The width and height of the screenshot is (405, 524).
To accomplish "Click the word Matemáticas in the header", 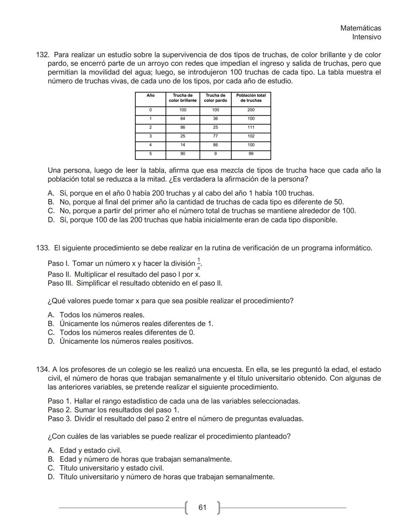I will tap(360, 28).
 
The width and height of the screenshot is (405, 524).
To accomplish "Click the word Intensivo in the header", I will tap(366, 37).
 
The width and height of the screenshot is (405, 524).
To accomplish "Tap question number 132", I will tap(42, 55).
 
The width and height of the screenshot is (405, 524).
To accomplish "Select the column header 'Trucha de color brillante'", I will tap(183, 98).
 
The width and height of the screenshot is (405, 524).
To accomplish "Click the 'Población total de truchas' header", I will tap(251, 98).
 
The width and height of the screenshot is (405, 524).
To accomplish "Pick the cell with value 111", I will tap(251, 128).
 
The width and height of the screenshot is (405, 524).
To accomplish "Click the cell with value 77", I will tap(215, 136).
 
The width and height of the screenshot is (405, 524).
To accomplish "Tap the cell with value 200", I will tap(251, 110).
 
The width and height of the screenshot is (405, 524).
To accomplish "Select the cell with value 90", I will tap(183, 154).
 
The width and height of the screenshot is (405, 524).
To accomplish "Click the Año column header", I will tap(150, 96).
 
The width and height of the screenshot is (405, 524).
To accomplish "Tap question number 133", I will tap(42, 248).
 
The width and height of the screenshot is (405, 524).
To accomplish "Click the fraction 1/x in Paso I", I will tap(199, 264).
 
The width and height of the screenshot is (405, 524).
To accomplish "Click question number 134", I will tap(42, 369).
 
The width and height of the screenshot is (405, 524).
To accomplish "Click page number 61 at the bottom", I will tap(202, 507).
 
